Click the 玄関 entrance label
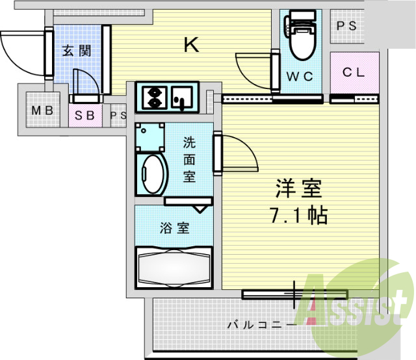click(76, 51)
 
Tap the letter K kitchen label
click(190, 45)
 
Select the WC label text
click(300, 76)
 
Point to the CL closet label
click(354, 73)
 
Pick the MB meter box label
click(42, 110)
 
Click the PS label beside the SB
click(118, 116)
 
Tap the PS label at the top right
click(346, 26)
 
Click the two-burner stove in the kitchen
click(155, 96)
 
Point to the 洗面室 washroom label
click(189, 158)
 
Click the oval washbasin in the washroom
click(153, 174)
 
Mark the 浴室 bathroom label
click(174, 228)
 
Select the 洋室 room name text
click(298, 189)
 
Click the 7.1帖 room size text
click(298, 215)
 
